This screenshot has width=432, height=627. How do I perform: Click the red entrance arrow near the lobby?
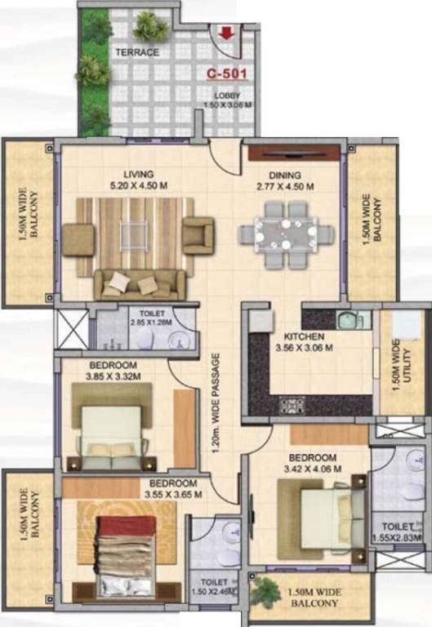(x=225, y=34)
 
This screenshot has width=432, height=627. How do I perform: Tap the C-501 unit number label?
(x=226, y=73)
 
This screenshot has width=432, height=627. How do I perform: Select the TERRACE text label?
(x=136, y=51)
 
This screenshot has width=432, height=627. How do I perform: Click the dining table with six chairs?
(x=286, y=231)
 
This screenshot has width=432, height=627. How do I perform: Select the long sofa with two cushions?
(x=138, y=283)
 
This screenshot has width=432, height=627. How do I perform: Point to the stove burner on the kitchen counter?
(x=292, y=404)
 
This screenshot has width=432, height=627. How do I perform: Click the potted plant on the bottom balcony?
(x=265, y=592)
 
